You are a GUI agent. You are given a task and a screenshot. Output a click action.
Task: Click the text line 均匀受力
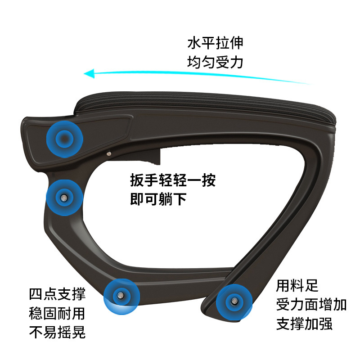215,62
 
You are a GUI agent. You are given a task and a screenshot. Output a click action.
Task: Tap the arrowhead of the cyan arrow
89,73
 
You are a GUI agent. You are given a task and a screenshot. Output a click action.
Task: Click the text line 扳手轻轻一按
173,180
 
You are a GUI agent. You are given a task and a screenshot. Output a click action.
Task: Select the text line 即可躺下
158,199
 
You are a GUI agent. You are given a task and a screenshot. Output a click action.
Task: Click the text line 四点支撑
58,294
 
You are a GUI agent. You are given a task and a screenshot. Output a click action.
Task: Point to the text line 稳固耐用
57,313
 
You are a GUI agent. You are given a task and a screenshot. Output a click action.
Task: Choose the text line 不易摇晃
58,332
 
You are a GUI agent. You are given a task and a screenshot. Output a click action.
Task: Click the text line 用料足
297,286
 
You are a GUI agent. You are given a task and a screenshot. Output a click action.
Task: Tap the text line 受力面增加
311,305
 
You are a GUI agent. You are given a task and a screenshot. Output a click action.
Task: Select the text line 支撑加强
305,324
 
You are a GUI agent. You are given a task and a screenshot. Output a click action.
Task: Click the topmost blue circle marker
65,139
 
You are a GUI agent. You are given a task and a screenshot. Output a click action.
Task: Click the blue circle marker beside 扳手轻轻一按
64,198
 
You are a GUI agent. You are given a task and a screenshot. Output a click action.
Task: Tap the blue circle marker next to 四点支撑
121,297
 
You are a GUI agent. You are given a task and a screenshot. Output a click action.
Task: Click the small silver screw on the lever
109,153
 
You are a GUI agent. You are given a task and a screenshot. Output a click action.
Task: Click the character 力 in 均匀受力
237,62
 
